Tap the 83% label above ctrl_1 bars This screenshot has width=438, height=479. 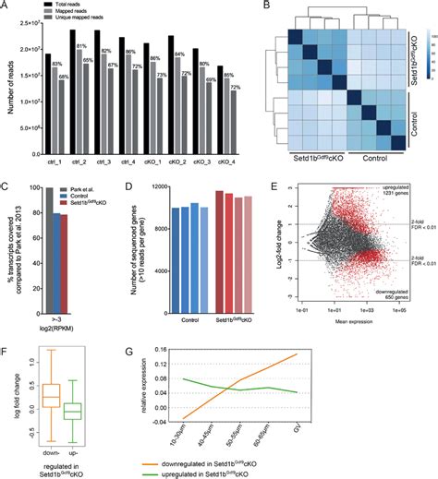pyautogui.click(x=55, y=64)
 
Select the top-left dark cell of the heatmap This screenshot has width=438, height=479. pyautogui.click(x=296, y=37)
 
